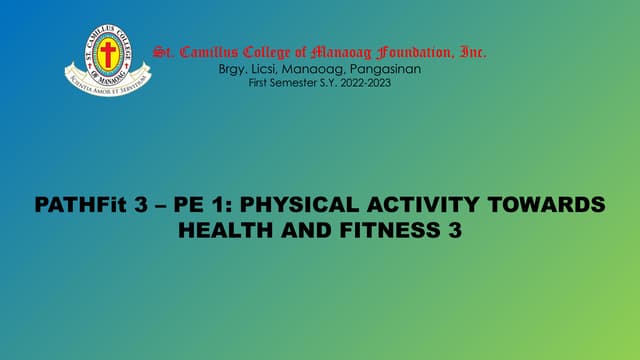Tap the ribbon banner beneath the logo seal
coord(107,76)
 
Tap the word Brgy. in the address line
coord(232,68)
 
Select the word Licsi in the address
coord(265,68)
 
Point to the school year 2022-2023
coord(365,82)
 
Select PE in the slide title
coord(190,205)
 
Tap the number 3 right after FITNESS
coord(456,229)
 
